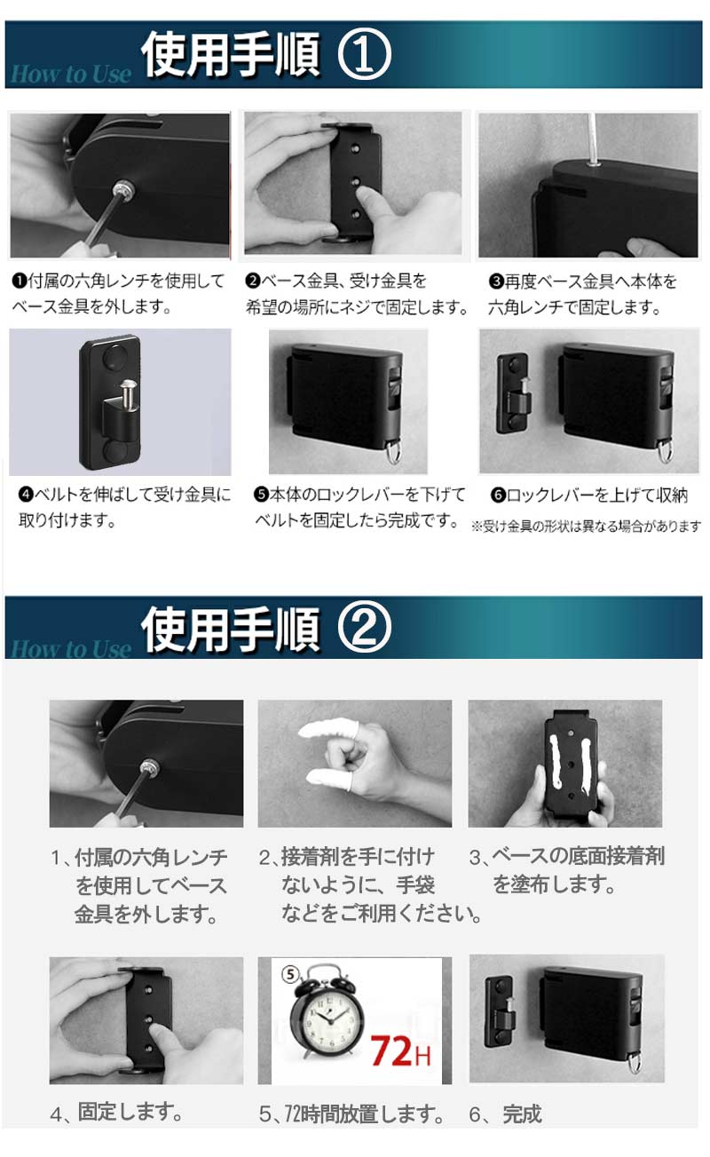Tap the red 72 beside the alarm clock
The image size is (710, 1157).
391,1051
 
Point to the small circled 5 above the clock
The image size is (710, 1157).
290,974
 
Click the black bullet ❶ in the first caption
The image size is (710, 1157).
20,281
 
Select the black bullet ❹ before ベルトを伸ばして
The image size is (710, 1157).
26,495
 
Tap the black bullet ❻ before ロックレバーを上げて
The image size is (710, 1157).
498,495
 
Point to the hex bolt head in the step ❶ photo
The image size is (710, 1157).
123,188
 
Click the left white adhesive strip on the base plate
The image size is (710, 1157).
555,762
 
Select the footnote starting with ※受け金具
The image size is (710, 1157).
586,527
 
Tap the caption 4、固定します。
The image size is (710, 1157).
116,1113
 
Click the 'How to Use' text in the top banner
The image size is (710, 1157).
71,74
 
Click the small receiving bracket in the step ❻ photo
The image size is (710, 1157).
513,393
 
